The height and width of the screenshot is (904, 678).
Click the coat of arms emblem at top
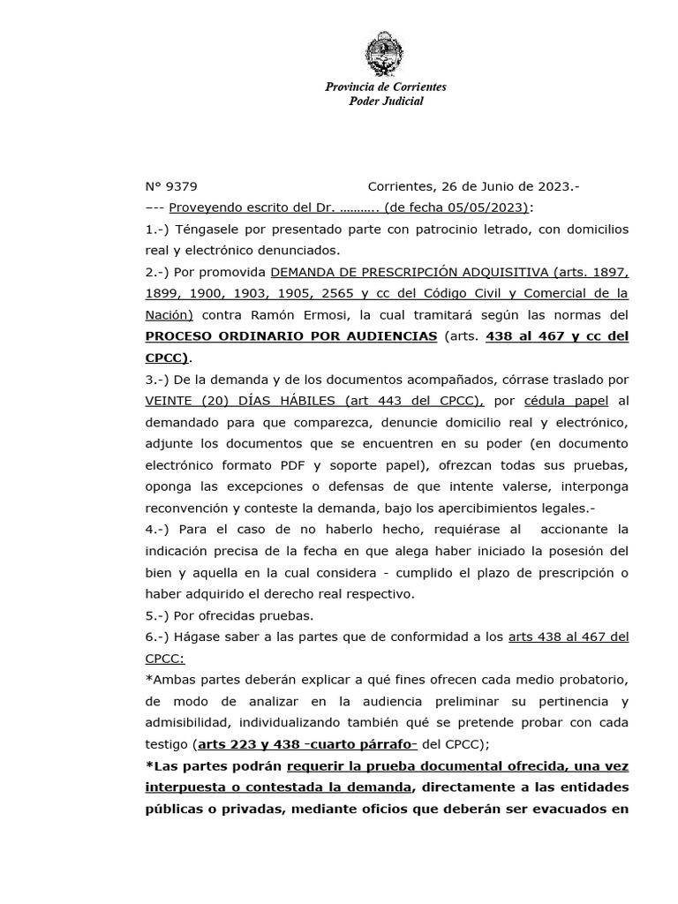386,55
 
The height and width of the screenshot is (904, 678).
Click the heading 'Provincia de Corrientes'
386,87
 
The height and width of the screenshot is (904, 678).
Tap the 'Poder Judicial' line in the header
386,101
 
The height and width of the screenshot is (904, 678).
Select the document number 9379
183,186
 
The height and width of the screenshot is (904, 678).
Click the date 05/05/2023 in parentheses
488,207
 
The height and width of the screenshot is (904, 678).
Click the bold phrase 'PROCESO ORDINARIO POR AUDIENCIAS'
291,336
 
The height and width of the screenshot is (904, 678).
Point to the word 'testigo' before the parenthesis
166,743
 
